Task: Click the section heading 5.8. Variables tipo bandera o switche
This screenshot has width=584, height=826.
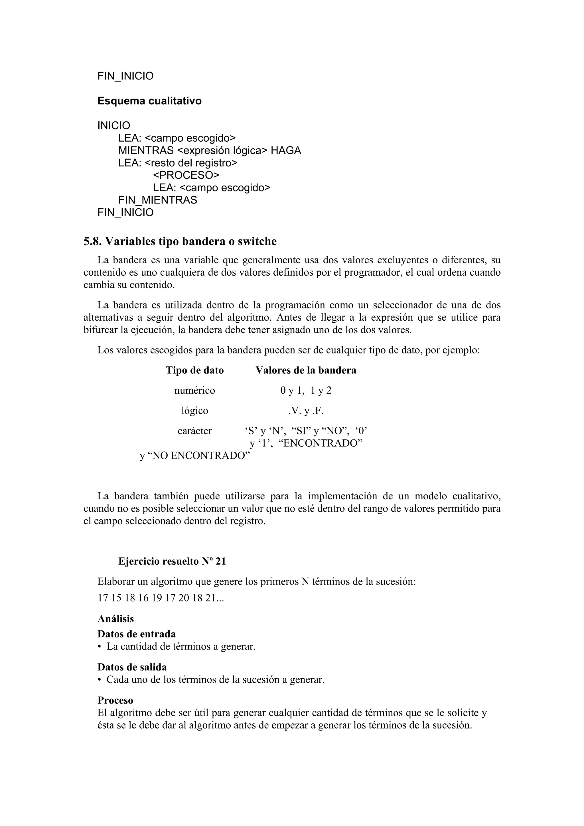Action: [x=180, y=241]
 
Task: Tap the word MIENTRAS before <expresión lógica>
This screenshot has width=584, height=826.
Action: [x=146, y=150]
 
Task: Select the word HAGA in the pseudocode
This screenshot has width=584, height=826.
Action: [x=286, y=150]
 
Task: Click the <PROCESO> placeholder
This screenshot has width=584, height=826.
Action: [x=186, y=175]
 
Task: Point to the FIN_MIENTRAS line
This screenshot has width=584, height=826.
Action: [x=158, y=200]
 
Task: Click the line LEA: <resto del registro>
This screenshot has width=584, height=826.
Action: [x=178, y=163]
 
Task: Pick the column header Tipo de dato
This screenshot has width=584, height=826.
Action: [x=195, y=370]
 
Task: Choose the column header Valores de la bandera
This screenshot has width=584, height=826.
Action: [x=306, y=370]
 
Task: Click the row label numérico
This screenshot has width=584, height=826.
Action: [x=195, y=390]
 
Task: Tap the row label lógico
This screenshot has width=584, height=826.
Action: [x=195, y=411]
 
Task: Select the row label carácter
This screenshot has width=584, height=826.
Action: [x=195, y=431]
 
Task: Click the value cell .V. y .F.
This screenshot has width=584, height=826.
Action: [x=306, y=411]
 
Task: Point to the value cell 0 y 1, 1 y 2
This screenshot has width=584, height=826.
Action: [x=306, y=390]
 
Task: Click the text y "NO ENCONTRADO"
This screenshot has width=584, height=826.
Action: [x=195, y=456]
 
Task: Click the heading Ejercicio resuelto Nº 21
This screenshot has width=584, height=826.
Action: [x=172, y=561]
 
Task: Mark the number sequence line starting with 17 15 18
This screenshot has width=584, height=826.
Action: [x=161, y=598]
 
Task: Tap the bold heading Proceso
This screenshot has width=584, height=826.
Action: [x=115, y=700]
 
